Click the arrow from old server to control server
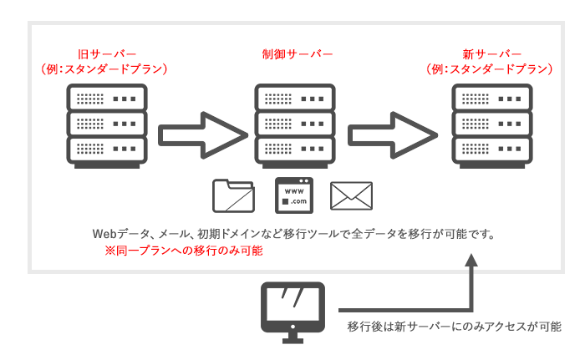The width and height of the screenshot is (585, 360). click(203, 132)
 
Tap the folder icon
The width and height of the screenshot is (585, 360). click(234, 195)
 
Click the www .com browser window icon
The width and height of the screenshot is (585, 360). click(293, 195)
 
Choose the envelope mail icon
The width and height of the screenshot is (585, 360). click(351, 196)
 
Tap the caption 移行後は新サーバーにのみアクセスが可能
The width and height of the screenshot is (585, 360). click(454, 327)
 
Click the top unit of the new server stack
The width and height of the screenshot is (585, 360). click(489, 98)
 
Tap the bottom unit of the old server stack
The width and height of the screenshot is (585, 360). click(105, 152)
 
